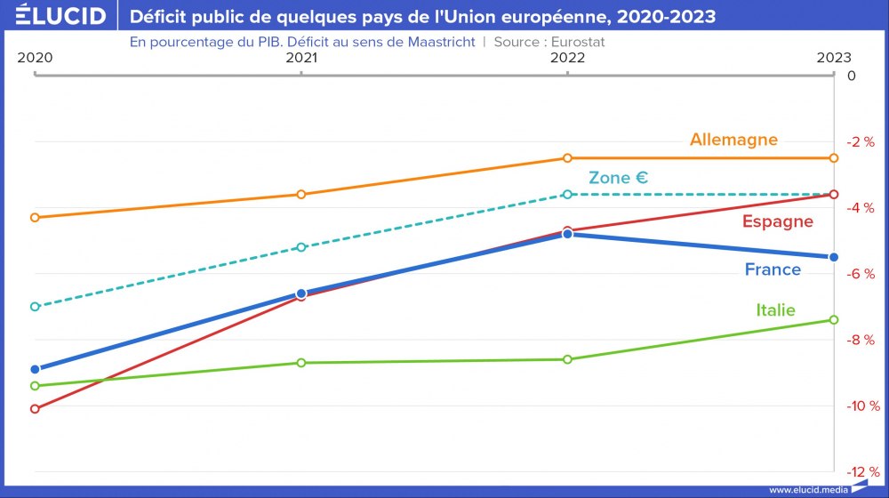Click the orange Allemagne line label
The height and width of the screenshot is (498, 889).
point(733,140)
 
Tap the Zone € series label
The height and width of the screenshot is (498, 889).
point(618,178)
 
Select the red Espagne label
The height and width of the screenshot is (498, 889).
point(778,221)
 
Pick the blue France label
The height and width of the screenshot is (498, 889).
point(773,269)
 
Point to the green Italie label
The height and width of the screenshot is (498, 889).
point(775,310)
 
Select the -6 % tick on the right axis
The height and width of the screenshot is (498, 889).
point(860,274)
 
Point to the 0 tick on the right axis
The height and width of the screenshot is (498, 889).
point(852,76)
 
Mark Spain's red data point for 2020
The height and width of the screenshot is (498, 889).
point(35,409)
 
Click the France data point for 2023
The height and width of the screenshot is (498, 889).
point(834,257)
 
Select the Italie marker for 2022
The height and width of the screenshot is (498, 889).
point(568,359)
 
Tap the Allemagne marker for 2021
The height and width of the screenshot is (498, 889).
point(301,194)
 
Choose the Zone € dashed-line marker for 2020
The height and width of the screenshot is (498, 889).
point(35,306)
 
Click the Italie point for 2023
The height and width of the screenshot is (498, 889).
point(834,319)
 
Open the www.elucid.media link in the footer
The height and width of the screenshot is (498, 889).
point(807,490)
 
